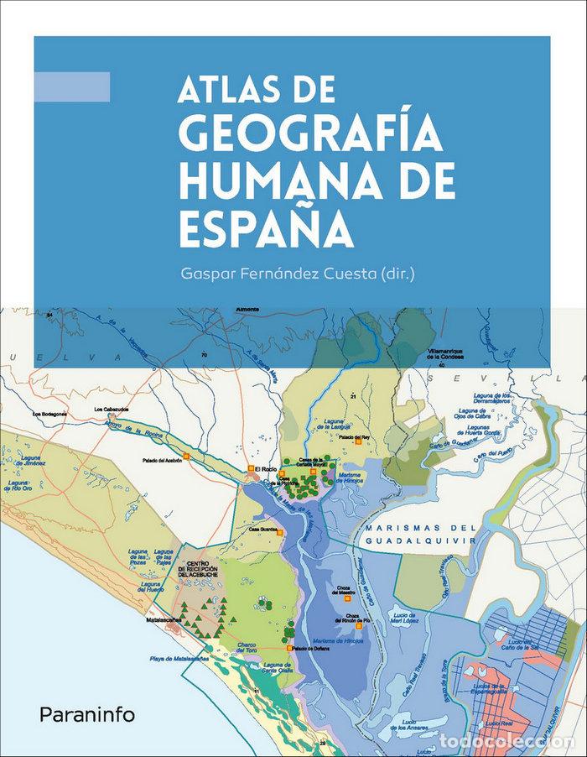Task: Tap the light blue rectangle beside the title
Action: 72,86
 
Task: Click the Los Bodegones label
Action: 50,415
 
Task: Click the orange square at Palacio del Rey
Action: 359,443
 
